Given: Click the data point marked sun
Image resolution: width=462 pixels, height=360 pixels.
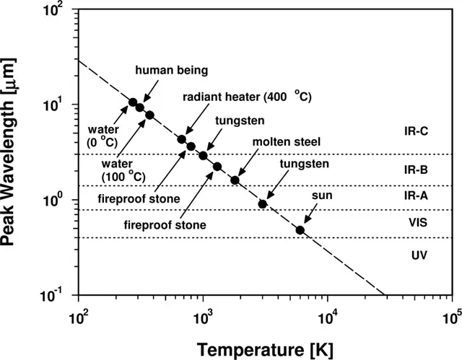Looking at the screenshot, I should pos(300,230).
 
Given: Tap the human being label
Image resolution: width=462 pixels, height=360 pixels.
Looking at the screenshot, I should pos(172,70).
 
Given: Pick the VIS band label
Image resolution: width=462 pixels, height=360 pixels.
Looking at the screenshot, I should pos(418,224).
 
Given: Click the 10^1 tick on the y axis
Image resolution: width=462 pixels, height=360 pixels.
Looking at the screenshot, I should pos(61,105).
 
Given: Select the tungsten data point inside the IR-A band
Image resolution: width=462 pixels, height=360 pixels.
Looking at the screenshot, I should pos(263,204).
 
